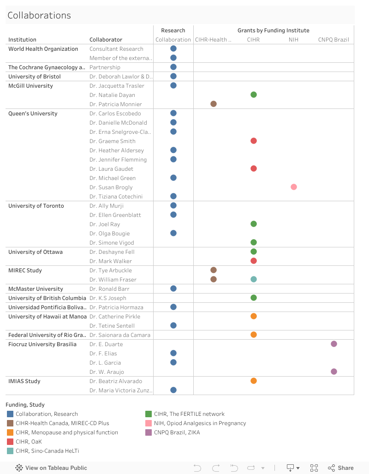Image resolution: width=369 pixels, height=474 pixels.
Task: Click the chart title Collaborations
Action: pos(39,15)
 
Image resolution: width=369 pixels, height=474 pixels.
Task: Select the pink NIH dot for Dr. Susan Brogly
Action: pos(294,187)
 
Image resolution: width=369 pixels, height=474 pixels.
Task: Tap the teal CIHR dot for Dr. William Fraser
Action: pos(254,279)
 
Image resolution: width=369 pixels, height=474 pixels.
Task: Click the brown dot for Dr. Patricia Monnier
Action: pos(214,104)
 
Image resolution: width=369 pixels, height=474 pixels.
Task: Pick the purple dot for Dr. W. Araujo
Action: pos(334,372)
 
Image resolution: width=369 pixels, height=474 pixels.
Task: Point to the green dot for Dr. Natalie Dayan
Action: pos(254,95)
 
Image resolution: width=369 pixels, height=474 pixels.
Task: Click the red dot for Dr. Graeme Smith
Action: pos(254,141)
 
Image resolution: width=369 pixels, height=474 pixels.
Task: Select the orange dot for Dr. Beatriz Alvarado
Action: pos(254,381)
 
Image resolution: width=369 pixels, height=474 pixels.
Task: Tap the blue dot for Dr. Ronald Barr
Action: pos(173,288)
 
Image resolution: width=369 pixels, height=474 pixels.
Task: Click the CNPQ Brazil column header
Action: pos(333,40)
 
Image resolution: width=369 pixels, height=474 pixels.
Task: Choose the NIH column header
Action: pos(294,40)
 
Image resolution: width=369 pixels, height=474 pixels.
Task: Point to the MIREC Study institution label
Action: pos(25,270)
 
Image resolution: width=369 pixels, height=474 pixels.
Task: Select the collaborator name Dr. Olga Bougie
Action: pos(109,234)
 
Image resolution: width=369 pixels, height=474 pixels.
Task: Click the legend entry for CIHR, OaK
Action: pos(29,442)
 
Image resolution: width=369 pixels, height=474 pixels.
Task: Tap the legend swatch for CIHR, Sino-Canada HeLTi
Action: pos(10,451)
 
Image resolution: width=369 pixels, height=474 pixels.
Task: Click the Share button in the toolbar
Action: pos(341,468)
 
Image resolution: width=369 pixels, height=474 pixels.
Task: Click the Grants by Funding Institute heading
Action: pos(274,30)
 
